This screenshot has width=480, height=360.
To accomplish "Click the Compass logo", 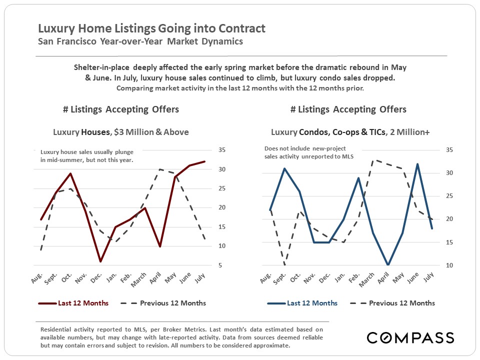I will pos(410,337).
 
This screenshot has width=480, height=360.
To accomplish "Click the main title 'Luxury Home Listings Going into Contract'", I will pos(152,28).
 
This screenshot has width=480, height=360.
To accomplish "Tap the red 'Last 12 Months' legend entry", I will pos(73,303).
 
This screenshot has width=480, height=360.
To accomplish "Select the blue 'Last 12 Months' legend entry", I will pos(302,303).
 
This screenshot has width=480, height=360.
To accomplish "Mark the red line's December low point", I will pos(100,261).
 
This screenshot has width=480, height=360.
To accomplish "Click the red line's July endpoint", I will pos(204,161).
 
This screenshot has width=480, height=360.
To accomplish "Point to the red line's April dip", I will pos(159,246).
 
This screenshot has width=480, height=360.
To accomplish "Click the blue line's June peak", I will pos(417,164).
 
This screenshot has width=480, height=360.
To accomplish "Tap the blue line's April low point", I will pos(388,265).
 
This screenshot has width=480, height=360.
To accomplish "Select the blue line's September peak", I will pos(284,168).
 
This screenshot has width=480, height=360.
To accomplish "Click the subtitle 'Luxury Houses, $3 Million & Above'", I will pos(121,132).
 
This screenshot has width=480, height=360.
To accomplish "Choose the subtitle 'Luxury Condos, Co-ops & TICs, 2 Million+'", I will pos(349,132).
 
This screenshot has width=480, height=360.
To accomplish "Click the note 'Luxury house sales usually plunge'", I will pos(87,152).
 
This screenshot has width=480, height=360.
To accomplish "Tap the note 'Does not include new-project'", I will pos(312,149).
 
